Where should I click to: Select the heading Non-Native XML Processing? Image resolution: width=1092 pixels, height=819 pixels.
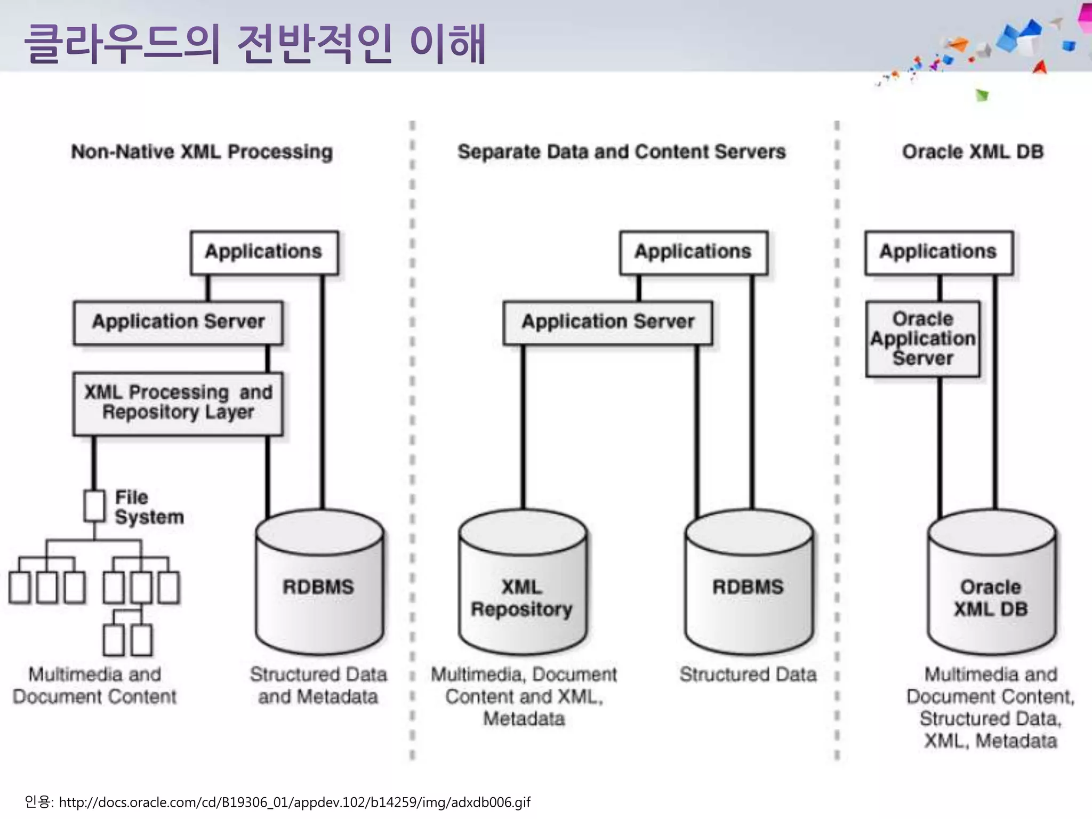pos(202,152)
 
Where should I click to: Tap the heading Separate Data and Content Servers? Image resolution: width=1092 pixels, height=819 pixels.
pos(621,152)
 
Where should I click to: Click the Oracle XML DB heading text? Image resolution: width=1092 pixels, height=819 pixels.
pos(972,152)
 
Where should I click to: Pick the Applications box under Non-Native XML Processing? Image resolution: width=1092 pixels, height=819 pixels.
pos(264,252)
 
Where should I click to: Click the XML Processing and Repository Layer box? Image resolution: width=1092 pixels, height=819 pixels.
pos(178,403)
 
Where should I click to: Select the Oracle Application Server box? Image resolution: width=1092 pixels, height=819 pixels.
pos(922,339)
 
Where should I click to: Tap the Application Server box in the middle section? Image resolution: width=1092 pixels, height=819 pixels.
pos(608,322)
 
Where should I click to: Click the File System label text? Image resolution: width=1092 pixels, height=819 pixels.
pos(148,507)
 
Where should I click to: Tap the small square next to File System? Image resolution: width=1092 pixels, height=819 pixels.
pos(94,505)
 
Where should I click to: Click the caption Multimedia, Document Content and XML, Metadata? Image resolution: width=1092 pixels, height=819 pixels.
pos(524,696)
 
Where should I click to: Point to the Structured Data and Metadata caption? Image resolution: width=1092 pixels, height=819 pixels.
pos(318,685)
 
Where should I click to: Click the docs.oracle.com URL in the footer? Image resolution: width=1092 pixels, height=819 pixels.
pos(294,802)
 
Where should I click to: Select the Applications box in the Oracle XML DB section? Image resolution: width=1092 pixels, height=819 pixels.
pos(938,252)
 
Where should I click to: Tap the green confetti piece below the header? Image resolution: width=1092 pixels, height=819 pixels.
pos(982,95)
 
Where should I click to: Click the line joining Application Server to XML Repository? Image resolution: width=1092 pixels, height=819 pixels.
pos(523,427)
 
